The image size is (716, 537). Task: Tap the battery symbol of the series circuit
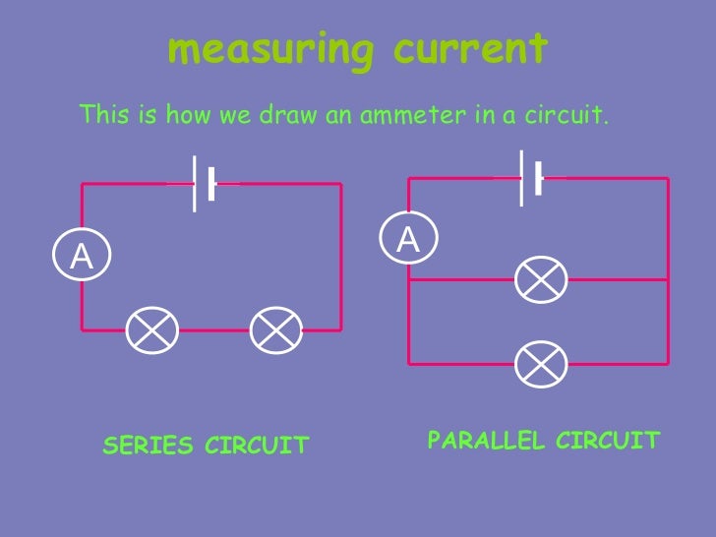coord(204,183)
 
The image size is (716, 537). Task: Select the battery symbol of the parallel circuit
coord(530,177)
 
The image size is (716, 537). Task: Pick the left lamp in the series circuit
coord(151,329)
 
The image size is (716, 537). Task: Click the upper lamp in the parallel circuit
coord(542,280)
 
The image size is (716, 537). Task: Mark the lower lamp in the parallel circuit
coord(542,362)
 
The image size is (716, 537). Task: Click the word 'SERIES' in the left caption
coord(149,447)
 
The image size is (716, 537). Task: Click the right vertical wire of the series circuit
coord(341,256)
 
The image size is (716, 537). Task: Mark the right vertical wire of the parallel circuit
coord(668,270)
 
